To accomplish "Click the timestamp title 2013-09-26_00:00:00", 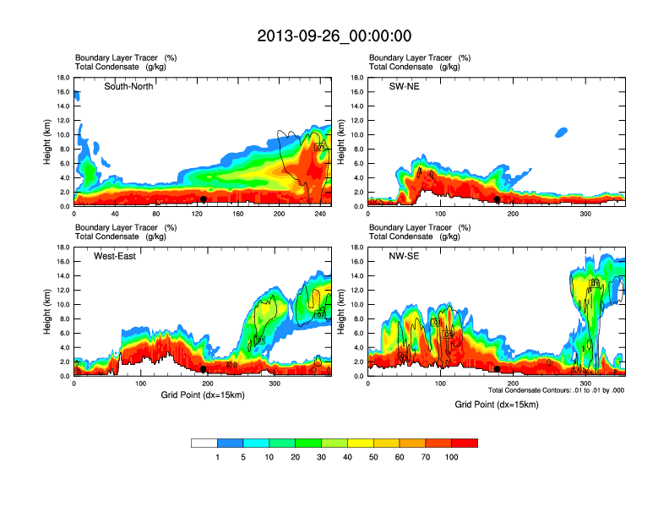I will [x=334, y=36].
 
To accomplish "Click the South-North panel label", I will [x=128, y=86].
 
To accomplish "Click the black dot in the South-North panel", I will [x=204, y=199].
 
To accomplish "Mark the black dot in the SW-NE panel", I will [x=498, y=199].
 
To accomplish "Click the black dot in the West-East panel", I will [x=204, y=369].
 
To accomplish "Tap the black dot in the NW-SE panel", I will [x=498, y=369].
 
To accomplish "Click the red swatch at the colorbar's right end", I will [x=465, y=443].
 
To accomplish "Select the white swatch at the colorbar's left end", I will [x=204, y=443].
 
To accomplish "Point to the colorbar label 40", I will [x=347, y=457].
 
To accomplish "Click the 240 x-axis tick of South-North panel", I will [x=319, y=214].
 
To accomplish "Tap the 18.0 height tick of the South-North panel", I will [x=63, y=78].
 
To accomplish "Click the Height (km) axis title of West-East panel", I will [x=46, y=312].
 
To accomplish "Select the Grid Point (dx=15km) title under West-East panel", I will [x=202, y=395].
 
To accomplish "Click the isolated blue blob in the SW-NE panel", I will [x=562, y=132].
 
